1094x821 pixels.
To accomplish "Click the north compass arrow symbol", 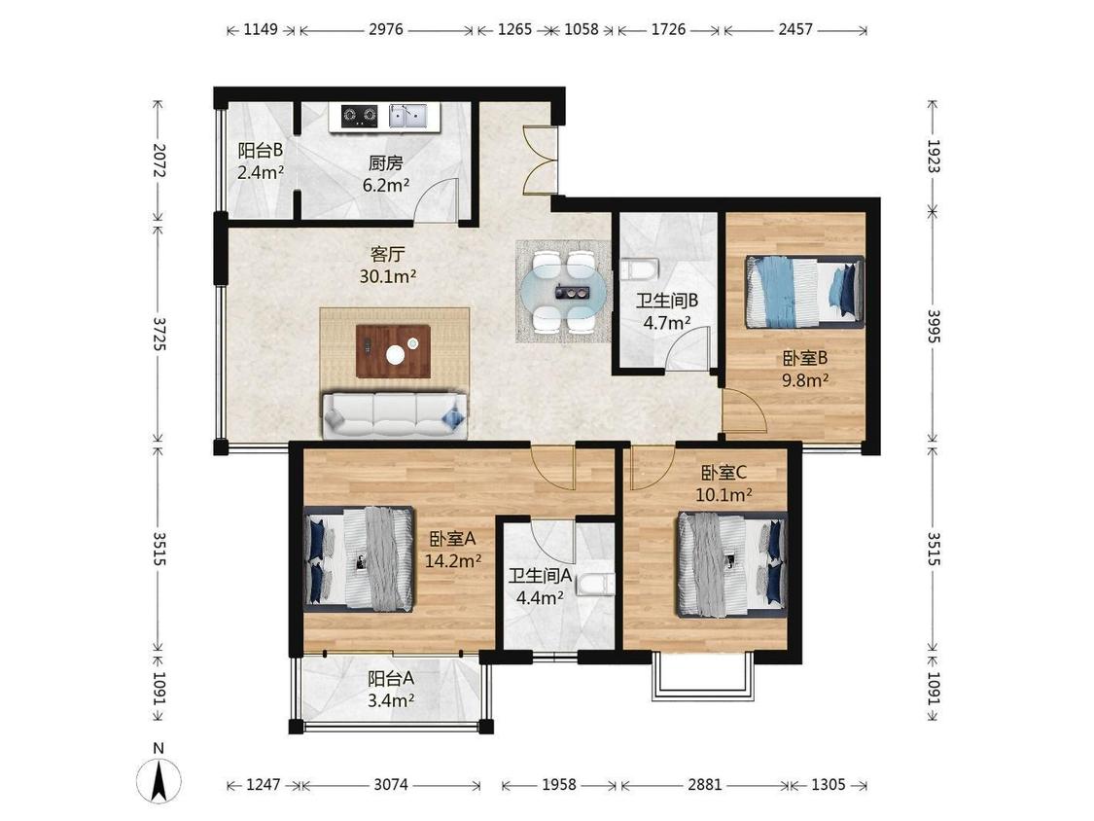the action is pyautogui.click(x=159, y=778).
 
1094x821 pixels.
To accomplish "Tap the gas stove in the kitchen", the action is pyautogui.click(x=359, y=116).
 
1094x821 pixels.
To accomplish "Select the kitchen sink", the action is pyautogui.click(x=407, y=116).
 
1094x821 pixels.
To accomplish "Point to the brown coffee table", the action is pyautogui.click(x=393, y=351).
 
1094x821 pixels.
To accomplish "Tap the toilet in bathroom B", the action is pyautogui.click(x=639, y=268).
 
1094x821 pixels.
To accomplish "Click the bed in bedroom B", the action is pyautogui.click(x=804, y=292).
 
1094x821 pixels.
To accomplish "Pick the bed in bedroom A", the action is pyautogui.click(x=359, y=559).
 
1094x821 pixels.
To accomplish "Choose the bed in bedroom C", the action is pyautogui.click(x=732, y=564).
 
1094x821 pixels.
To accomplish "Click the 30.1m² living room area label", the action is pyautogui.click(x=388, y=276).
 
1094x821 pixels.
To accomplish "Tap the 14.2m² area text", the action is pyautogui.click(x=453, y=560).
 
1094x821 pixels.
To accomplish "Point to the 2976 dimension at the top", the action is pyautogui.click(x=386, y=29).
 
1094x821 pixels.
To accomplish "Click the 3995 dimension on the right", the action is pyautogui.click(x=934, y=325).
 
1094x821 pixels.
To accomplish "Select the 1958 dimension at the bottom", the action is pyautogui.click(x=559, y=785).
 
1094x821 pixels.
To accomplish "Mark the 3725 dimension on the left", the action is pyautogui.click(x=159, y=334).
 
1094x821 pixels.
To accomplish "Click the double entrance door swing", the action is pyautogui.click(x=540, y=161).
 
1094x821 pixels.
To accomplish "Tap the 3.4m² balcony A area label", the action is pyautogui.click(x=392, y=699).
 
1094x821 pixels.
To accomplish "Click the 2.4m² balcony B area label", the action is pyautogui.click(x=261, y=172).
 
